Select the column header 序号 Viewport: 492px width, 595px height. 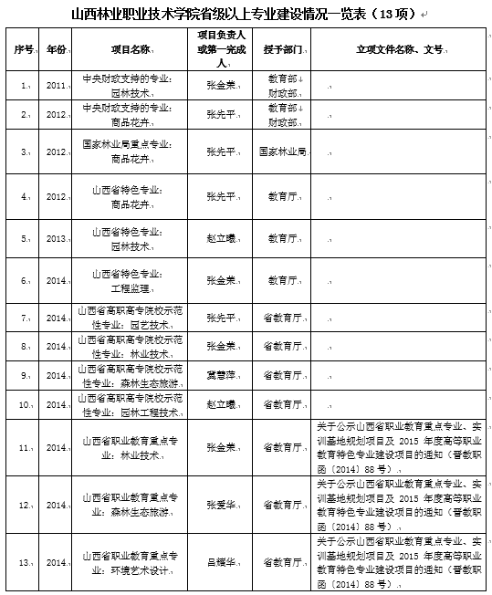coord(25,47)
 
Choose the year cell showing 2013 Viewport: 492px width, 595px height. coord(57,239)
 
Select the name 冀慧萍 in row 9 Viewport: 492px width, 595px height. coord(215,375)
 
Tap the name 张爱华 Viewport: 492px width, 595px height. coord(216,505)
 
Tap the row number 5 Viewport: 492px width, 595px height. coord(25,239)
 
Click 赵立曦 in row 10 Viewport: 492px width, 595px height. coord(216,403)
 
